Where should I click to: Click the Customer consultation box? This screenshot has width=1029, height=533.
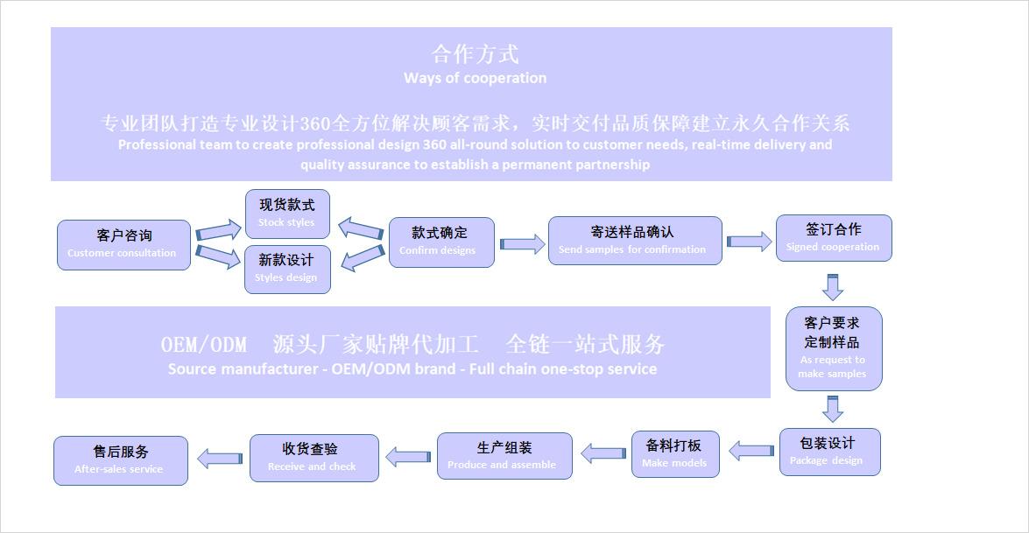123,244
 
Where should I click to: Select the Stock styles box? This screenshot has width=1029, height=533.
287,214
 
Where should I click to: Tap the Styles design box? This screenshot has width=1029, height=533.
287,269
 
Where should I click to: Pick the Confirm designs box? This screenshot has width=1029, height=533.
441,242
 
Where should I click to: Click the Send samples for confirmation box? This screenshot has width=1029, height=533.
635,241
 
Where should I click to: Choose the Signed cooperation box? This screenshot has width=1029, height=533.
834,238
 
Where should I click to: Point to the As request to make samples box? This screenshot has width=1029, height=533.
833,348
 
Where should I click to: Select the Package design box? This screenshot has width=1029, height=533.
829,452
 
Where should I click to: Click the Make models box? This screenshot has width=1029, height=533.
675,454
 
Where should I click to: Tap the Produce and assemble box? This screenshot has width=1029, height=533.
504,456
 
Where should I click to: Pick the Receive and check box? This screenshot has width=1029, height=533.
314,458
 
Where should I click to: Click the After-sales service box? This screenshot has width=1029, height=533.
121,460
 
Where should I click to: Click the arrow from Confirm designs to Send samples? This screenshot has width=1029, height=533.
522,244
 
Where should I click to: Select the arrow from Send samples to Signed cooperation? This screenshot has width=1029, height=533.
749,242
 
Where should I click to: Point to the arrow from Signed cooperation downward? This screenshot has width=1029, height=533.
833,286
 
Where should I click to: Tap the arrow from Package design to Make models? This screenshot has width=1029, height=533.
751,452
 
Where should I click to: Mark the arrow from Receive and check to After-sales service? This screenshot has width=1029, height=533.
220,459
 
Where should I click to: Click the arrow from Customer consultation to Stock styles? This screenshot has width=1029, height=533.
218,232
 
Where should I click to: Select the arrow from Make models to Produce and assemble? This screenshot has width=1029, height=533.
603,453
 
